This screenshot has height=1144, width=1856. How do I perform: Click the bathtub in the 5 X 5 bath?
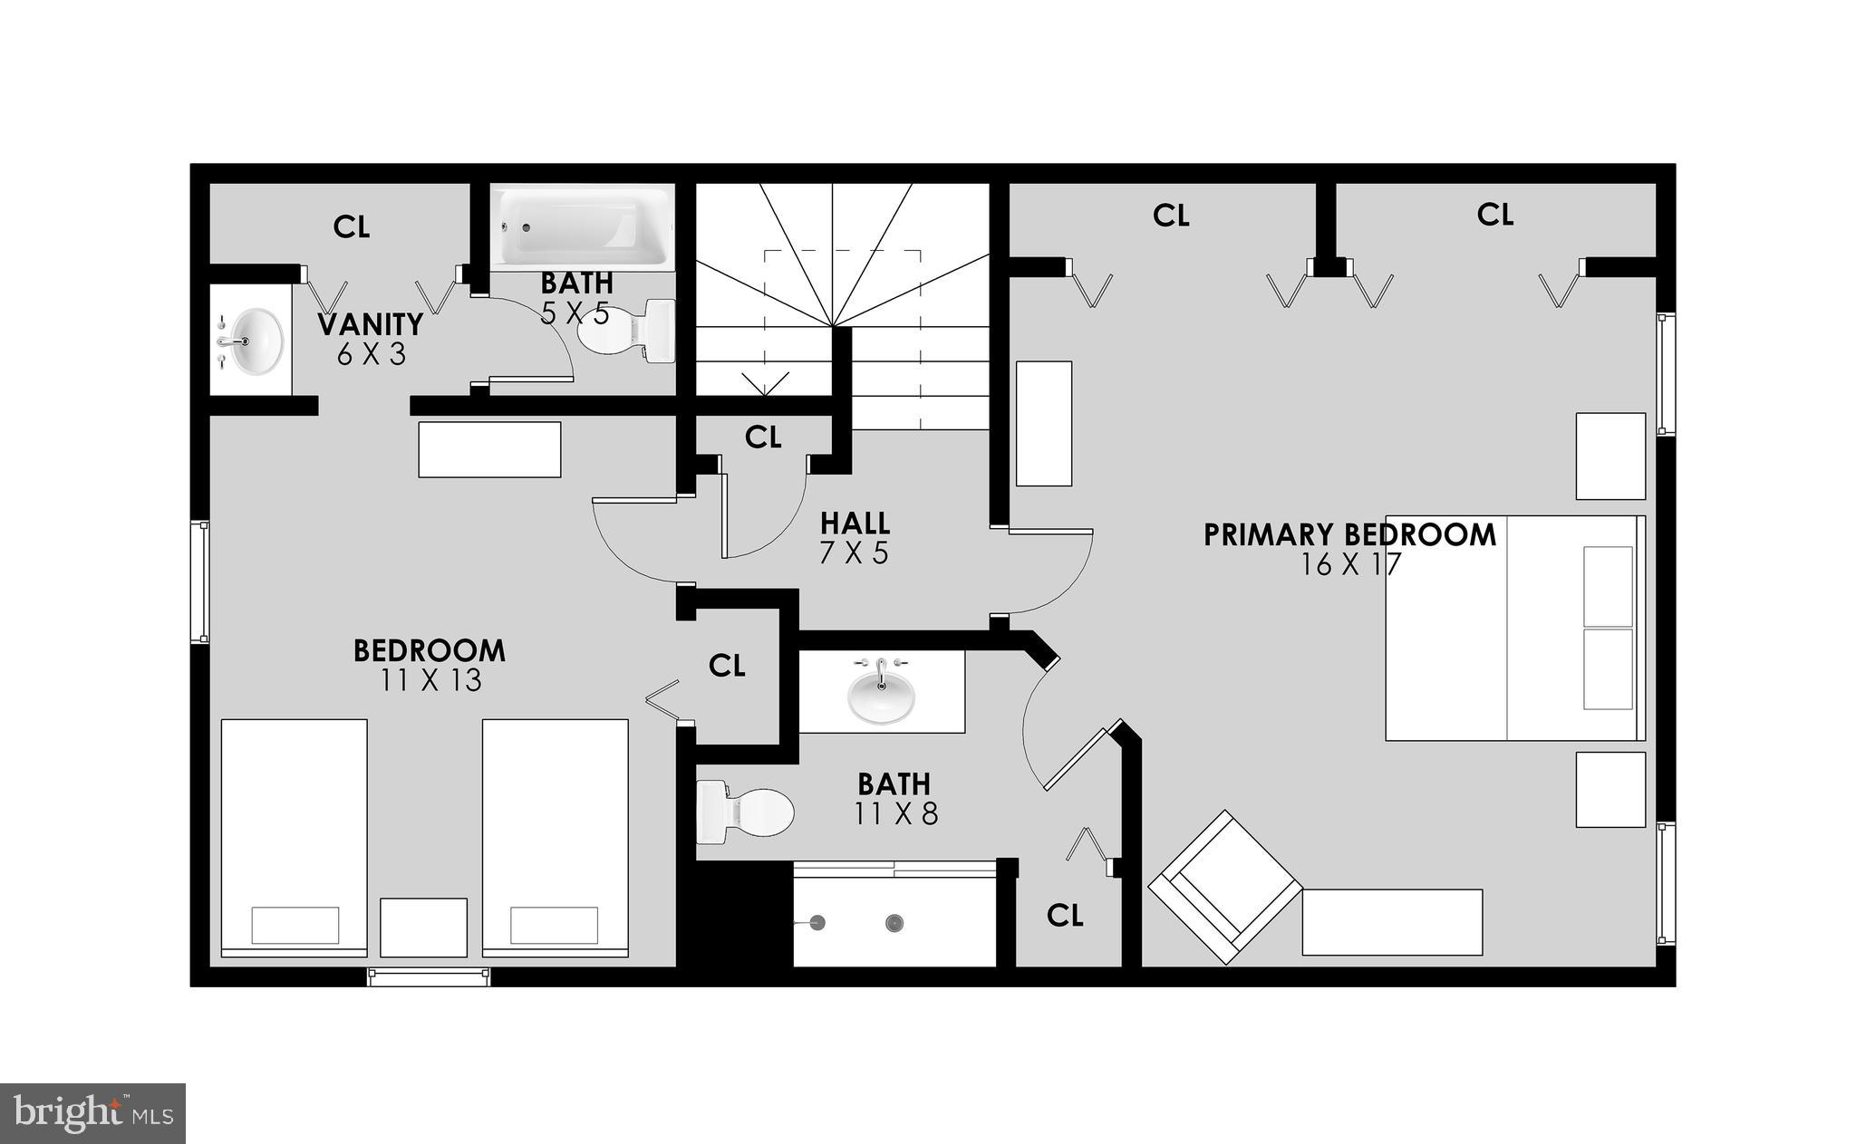[582, 227]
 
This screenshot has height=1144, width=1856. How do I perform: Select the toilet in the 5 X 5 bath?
[627, 332]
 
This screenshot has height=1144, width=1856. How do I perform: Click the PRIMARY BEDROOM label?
[1349, 534]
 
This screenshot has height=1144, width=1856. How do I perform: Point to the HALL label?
[855, 523]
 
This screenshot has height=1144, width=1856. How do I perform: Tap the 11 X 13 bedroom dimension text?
[430, 680]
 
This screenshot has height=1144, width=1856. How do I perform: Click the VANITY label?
[370, 323]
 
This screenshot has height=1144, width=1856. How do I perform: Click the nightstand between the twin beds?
[423, 927]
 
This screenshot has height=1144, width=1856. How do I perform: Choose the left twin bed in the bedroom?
[295, 837]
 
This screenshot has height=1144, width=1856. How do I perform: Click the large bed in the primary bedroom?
[1514, 629]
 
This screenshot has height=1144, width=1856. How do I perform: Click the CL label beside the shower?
[1065, 916]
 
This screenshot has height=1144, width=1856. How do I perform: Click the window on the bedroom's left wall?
[199, 582]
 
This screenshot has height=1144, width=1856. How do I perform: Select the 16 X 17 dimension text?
[1350, 564]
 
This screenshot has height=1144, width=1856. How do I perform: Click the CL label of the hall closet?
[763, 437]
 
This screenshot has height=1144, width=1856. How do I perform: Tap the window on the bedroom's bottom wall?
[429, 976]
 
